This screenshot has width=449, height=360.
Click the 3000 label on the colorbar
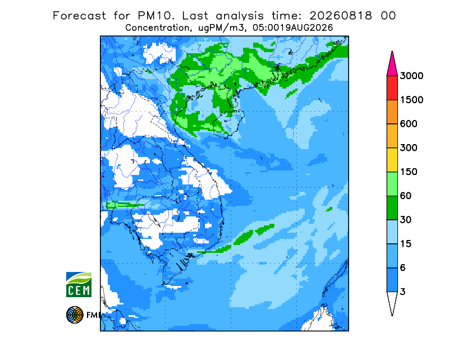(x=411, y=76)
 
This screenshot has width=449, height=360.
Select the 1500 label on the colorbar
(x=411, y=100)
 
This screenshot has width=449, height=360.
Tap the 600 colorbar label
(x=409, y=124)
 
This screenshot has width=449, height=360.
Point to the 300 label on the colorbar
(x=409, y=148)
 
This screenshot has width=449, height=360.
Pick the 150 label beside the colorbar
(x=409, y=172)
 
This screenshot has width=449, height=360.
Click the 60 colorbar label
(x=406, y=196)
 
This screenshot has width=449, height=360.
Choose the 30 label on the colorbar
(x=406, y=220)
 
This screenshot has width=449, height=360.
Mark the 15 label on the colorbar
(x=406, y=244)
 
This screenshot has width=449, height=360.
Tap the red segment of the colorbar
(x=392, y=88)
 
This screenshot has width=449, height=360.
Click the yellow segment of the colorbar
(x=392, y=160)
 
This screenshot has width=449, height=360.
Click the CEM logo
(x=79, y=284)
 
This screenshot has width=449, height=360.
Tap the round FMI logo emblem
(x=75, y=315)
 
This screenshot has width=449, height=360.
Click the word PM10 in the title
(x=156, y=16)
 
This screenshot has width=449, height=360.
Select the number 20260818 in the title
(x=341, y=16)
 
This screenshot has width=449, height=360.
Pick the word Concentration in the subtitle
(x=157, y=28)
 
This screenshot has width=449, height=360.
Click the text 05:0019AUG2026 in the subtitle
(x=292, y=28)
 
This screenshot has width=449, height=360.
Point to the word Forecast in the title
(x=79, y=16)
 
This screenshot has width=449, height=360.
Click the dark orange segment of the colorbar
(x=392, y=112)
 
